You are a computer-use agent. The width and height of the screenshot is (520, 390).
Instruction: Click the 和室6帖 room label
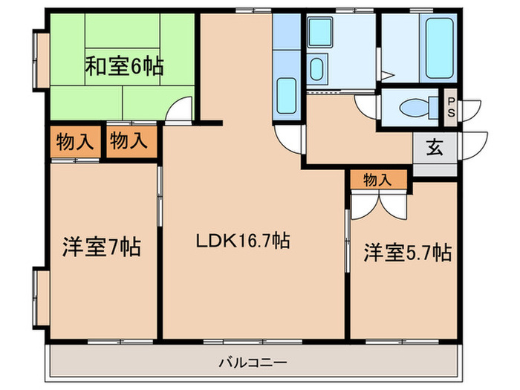click(x=124, y=67)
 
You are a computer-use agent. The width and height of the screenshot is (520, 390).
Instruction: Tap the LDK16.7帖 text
click(x=242, y=240)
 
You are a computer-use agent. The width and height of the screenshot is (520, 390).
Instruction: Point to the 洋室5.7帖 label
click(x=407, y=253)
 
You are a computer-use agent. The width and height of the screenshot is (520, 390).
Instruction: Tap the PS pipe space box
click(x=450, y=108)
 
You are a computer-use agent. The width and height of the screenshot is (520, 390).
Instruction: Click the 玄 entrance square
click(x=435, y=146)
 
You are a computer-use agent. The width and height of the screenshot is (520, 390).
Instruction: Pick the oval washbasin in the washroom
click(x=316, y=71)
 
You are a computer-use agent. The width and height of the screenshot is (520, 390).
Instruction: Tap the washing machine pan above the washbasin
click(x=321, y=33)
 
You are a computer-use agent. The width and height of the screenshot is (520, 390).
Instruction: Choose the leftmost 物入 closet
click(x=74, y=142)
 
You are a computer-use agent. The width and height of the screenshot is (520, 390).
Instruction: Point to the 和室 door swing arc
click(x=177, y=111)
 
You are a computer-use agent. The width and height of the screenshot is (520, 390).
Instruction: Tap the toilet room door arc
click(x=367, y=107)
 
